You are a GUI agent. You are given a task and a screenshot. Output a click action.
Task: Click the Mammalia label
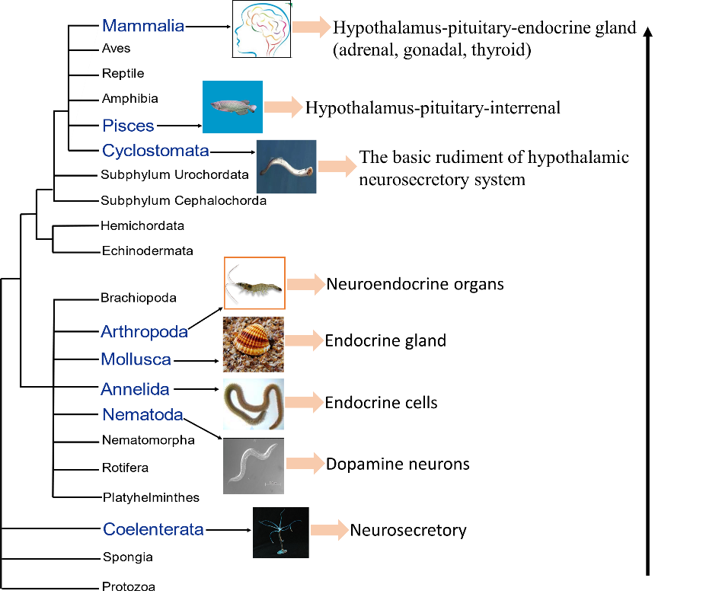[143, 26]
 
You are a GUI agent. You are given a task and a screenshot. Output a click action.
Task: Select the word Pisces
[128, 126]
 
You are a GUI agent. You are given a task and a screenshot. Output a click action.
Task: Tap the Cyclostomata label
[155, 150]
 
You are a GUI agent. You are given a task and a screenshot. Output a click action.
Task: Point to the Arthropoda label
[144, 331]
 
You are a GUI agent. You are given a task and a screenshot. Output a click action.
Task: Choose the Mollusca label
[136, 359]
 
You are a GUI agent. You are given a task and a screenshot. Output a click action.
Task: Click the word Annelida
[135, 389]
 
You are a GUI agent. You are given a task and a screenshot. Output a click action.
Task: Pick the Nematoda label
[142, 415]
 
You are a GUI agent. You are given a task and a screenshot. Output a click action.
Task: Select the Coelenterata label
[153, 529]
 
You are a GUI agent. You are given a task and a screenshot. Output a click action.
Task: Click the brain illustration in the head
[261, 30]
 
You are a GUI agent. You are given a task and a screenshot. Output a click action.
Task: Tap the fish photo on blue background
[232, 107]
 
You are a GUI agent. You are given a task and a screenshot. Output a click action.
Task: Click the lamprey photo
[286, 167]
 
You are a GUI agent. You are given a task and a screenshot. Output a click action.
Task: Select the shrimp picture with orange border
[254, 283]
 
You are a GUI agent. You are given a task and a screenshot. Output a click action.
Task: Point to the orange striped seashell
[253, 344]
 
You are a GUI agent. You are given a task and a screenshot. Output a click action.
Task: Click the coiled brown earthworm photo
[253, 404]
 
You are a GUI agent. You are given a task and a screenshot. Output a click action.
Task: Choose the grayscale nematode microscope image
[253, 466]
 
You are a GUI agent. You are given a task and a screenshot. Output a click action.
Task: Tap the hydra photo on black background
[280, 532]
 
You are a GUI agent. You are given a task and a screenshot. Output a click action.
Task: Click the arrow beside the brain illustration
[312, 27]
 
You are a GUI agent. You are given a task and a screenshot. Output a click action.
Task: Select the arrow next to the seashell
[305, 340]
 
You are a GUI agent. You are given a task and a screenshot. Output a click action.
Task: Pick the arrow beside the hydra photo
[330, 530]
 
